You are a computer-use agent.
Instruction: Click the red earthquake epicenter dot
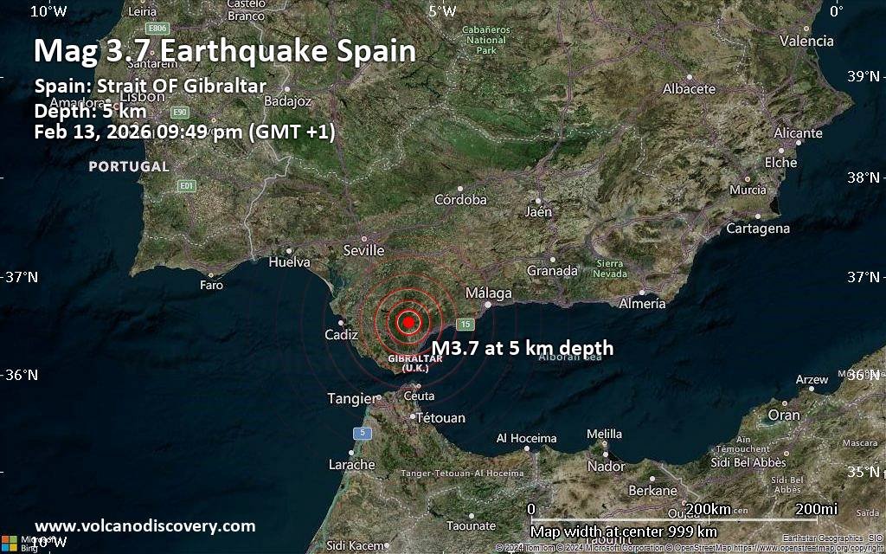coord(408,322)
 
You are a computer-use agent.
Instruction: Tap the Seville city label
coord(363,250)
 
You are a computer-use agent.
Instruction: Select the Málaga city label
coord(489,293)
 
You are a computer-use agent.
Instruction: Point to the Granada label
coord(552,270)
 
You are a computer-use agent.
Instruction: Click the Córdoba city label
coord(460,199)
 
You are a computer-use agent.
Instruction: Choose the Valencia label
coord(806,41)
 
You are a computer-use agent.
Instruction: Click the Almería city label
coord(642,303)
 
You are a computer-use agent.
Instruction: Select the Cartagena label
coord(757,229)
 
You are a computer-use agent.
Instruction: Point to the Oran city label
coord(784,415)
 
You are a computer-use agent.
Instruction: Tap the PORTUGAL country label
coord(129,166)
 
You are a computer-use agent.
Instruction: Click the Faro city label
coord(211,284)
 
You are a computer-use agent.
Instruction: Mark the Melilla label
coord(604,434)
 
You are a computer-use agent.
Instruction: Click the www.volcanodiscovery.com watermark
coord(145,525)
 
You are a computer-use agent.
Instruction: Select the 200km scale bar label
coord(708,508)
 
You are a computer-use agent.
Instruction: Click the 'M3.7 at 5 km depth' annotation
coord(523,348)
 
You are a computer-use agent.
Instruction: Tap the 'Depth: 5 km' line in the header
coord(90,112)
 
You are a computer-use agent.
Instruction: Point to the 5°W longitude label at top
coord(441,11)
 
